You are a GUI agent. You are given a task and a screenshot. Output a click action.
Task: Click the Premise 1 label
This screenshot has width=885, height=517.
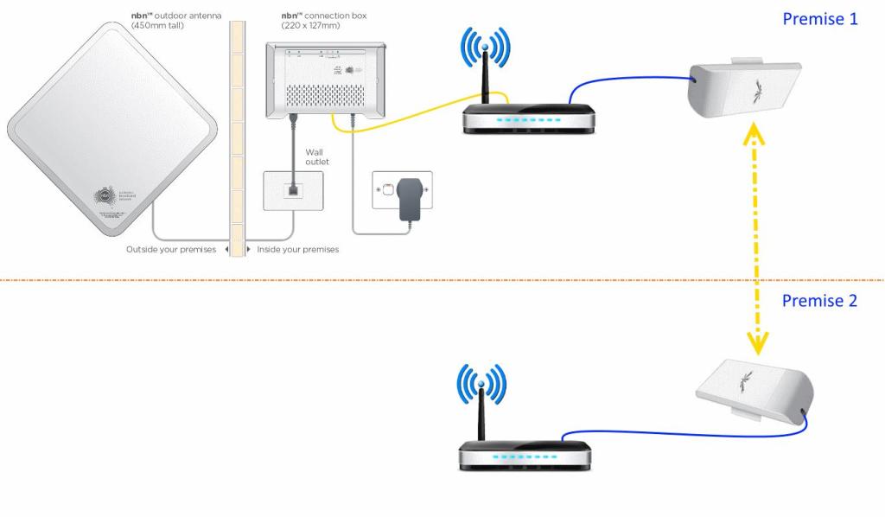click(819, 19)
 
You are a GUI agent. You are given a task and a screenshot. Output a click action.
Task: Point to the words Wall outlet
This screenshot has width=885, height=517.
click(317, 156)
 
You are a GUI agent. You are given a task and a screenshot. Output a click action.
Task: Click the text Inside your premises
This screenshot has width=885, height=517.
click(299, 250)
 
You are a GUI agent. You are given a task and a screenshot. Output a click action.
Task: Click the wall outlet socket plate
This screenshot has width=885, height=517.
click(293, 188)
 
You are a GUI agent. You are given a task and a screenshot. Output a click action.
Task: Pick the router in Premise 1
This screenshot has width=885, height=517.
click(527, 117)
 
